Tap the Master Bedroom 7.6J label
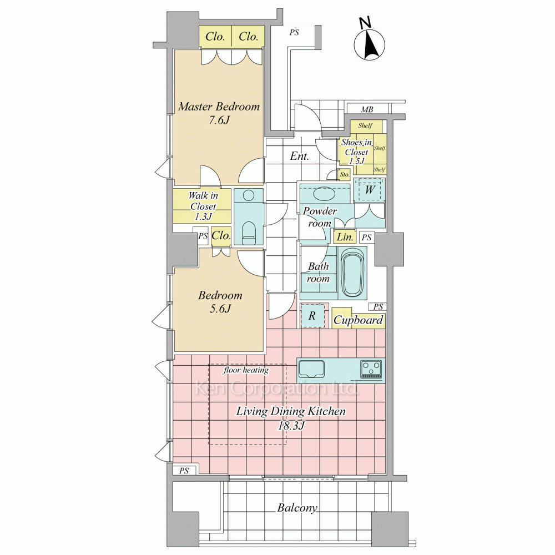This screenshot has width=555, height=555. [219, 113]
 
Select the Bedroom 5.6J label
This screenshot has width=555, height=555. [220, 301]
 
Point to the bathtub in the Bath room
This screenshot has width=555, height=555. [352, 271]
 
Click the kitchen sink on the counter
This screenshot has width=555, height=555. [311, 369]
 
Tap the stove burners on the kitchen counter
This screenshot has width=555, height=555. [371, 369]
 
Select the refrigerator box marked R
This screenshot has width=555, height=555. [312, 315]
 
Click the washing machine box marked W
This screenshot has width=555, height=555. [370, 189]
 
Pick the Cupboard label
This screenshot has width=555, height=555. [358, 320]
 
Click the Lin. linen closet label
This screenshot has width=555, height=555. [345, 237]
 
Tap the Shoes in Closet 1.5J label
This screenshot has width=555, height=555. [356, 152]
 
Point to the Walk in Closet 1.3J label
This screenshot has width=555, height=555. [203, 206]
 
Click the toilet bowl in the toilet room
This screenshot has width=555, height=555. [249, 233]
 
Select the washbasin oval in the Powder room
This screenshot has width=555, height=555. [324, 194]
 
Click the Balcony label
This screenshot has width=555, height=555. [297, 508]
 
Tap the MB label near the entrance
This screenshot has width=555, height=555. [367, 109]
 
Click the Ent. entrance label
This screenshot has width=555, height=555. [300, 156]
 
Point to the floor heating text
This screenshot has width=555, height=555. [246, 370]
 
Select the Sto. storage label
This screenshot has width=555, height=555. [345, 174]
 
